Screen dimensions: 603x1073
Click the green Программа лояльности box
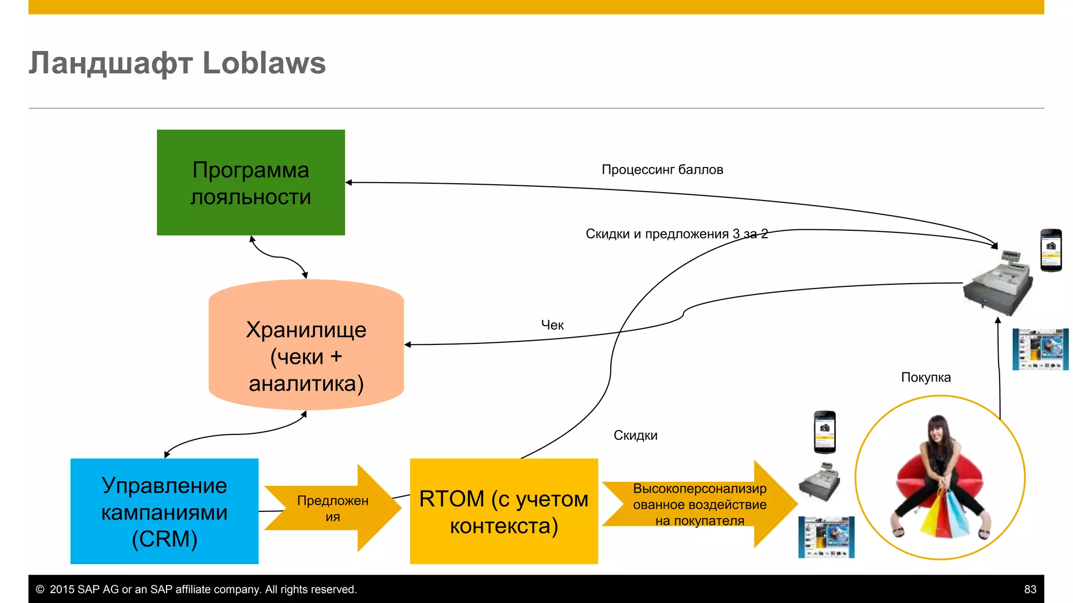click(250, 183)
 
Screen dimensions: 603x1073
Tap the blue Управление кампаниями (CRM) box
click(164, 511)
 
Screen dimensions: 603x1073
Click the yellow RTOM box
click(503, 511)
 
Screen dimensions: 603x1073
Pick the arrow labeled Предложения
click(332, 508)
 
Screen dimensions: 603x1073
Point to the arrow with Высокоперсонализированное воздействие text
click(699, 504)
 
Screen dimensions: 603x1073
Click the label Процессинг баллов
click(662, 170)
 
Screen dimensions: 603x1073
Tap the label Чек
click(552, 325)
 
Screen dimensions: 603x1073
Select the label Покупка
click(925, 377)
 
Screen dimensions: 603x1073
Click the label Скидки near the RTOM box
click(635, 435)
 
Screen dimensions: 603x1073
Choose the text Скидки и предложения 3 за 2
click(676, 234)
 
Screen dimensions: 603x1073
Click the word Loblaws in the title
click(264, 63)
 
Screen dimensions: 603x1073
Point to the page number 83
click(1030, 589)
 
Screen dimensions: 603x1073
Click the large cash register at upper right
click(999, 283)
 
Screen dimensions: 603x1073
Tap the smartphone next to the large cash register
click(1050, 250)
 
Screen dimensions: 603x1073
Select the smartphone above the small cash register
click(824, 432)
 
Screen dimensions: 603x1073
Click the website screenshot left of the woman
click(826, 537)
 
